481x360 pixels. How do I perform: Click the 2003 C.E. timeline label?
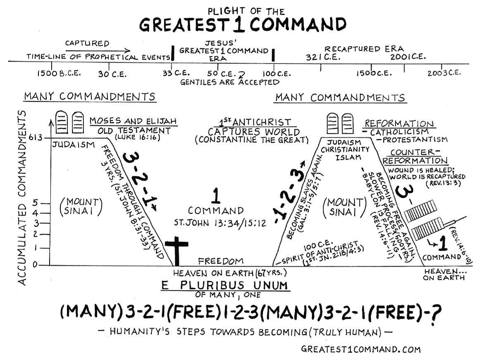[x=444, y=73]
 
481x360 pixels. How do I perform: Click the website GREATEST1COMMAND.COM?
[x=361, y=349]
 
